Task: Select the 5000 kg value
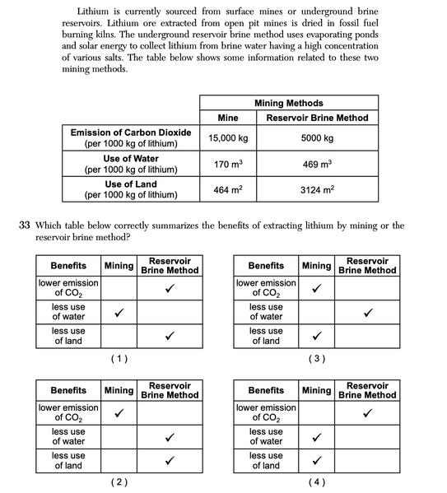[x=317, y=138]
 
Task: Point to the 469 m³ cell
[x=317, y=165]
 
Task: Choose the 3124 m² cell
[x=317, y=190]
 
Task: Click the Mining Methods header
[x=288, y=104]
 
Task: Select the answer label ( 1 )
[x=119, y=359]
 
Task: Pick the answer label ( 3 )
[x=316, y=359]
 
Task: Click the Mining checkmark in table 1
[x=119, y=313]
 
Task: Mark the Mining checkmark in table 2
[x=119, y=412]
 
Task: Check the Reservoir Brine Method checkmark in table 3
[x=367, y=313]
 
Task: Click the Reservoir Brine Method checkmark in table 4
[x=367, y=412]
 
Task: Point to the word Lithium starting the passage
[x=93, y=12]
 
